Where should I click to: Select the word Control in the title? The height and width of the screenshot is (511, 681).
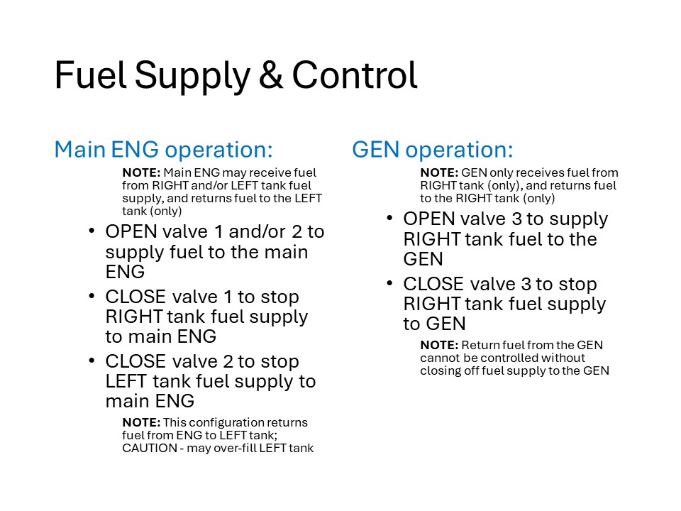(x=355, y=75)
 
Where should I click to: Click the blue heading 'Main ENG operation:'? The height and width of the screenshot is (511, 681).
(x=163, y=150)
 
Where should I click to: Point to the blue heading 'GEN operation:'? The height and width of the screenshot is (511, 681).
(x=433, y=150)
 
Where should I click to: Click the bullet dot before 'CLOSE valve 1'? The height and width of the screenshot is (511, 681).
(x=92, y=296)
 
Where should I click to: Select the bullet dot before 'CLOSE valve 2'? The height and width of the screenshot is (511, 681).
(x=92, y=361)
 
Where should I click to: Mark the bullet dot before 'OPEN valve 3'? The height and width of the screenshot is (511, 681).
(x=389, y=218)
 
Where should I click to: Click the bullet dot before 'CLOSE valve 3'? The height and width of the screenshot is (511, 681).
(x=389, y=283)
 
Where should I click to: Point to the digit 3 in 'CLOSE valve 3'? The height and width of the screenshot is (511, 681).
(x=526, y=284)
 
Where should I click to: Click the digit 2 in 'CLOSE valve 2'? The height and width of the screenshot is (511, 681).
(x=228, y=361)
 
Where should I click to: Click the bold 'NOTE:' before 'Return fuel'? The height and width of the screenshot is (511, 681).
(x=439, y=345)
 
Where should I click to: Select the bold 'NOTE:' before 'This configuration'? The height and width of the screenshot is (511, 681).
(x=141, y=422)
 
